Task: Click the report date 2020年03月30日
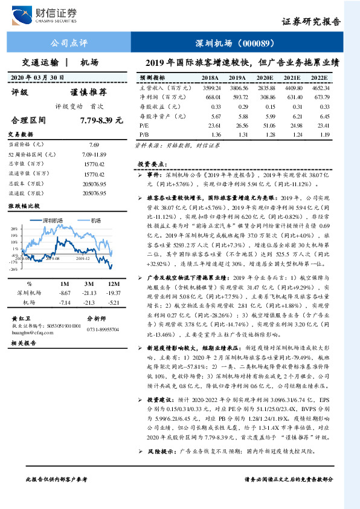pyautogui.click(x=36, y=77)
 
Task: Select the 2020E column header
pyautogui.click(x=264, y=78)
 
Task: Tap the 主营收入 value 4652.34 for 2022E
pyautogui.click(x=320, y=88)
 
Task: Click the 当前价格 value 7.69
pyautogui.click(x=94, y=145)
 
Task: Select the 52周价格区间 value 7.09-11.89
pyautogui.click(x=94, y=156)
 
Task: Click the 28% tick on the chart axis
pyautogui.click(x=13, y=230)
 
